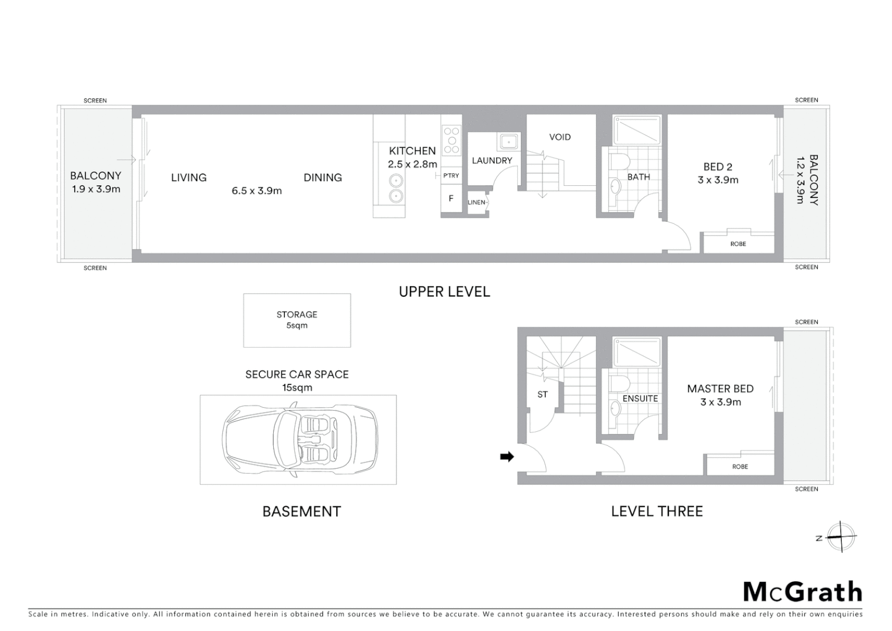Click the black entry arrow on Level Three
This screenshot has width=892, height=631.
click(507, 457)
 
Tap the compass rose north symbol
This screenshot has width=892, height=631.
click(841, 536)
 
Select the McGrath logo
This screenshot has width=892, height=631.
click(802, 592)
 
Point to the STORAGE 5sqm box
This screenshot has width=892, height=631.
click(297, 320)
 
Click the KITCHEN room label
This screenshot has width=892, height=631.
click(412, 151)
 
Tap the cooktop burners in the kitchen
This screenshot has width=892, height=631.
click(451, 140)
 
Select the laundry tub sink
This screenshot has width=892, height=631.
click(508, 141)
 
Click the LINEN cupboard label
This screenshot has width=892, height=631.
click(476, 202)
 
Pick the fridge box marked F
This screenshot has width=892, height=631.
click(451, 199)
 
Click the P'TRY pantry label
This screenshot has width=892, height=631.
click(451, 175)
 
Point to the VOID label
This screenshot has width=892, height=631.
click(559, 137)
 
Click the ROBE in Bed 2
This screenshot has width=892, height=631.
click(738, 244)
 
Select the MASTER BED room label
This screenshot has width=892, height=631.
click(720, 389)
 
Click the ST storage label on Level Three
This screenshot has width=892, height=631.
click(542, 394)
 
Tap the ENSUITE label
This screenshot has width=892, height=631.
click(640, 398)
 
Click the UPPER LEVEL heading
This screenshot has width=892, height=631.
click(444, 292)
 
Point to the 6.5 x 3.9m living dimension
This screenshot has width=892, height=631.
click(256, 190)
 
